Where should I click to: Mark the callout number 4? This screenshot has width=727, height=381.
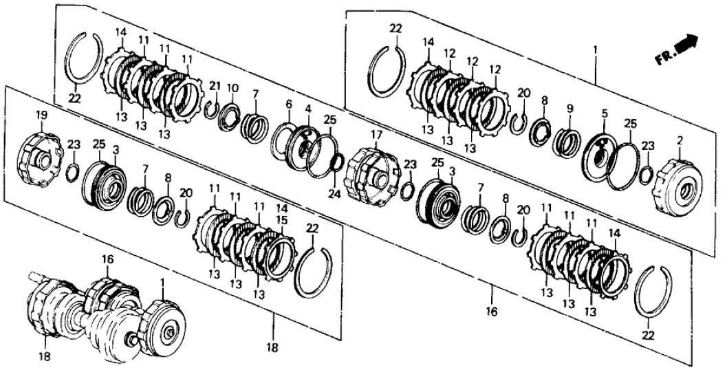[x=309, y=109]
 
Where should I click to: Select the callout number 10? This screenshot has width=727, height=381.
[x=232, y=88]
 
